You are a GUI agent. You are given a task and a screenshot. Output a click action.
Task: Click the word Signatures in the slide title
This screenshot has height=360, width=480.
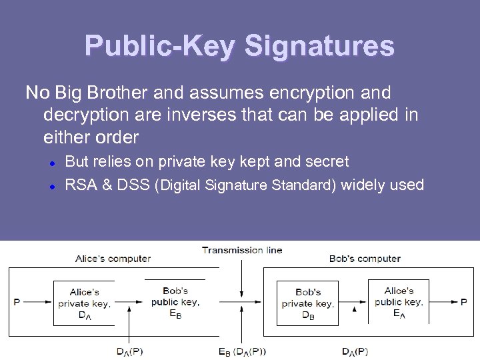click(319, 47)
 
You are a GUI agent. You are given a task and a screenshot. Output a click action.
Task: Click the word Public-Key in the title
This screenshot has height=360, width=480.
click(161, 47)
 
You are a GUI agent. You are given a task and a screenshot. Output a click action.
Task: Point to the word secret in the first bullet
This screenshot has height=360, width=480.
click(325, 161)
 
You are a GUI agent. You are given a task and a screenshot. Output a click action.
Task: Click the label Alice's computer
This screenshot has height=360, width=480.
click(113, 259)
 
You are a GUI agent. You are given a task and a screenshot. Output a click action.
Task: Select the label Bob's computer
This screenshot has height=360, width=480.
click(365, 259)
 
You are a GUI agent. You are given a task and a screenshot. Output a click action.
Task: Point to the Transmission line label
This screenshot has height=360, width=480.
click(242, 250)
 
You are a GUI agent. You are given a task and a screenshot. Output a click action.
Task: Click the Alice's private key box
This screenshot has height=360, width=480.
click(84, 304)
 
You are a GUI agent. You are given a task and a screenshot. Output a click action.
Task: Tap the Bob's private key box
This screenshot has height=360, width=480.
click(307, 304)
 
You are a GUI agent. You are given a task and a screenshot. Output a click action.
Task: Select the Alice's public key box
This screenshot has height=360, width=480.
click(399, 301)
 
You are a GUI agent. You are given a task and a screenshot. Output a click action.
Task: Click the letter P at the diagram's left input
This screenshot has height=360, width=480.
click(17, 302)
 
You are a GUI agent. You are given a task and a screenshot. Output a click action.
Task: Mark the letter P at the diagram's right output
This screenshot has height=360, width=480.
click(464, 302)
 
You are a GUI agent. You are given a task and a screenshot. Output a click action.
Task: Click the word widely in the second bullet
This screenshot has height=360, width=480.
click(365, 185)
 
